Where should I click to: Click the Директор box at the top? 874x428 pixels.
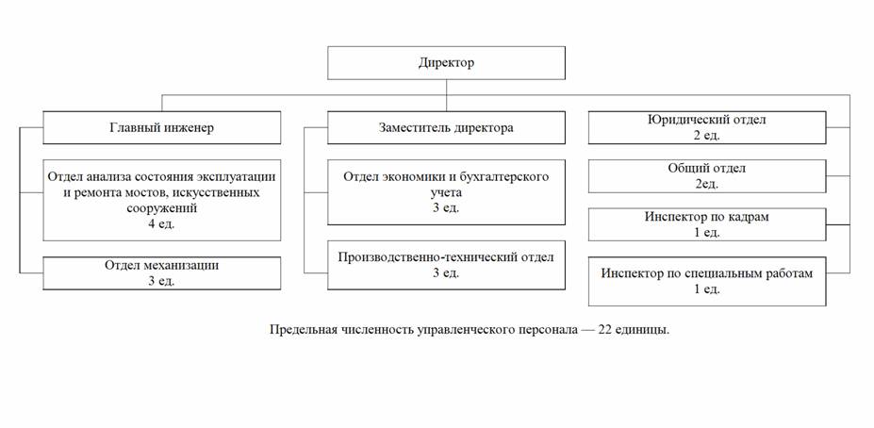tap(446, 63)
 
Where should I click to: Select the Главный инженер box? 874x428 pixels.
tap(161, 127)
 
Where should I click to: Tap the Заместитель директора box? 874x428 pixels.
tap(446, 127)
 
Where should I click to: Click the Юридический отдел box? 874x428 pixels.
tap(707, 127)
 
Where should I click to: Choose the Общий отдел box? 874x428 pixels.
tap(707, 175)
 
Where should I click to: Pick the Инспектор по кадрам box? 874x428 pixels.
tap(707, 224)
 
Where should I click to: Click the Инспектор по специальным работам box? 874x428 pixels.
tap(707, 281)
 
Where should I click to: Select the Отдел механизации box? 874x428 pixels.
tap(161, 272)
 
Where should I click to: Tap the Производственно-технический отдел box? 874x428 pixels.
tap(446, 265)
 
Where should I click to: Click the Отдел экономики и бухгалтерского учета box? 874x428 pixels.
tap(446, 191)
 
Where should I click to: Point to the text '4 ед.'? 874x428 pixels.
tap(161, 224)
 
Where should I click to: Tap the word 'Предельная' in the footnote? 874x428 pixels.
tap(301, 330)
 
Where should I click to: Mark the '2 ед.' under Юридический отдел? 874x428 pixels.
tap(707, 136)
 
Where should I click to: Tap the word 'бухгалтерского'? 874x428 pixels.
tap(496, 176)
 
